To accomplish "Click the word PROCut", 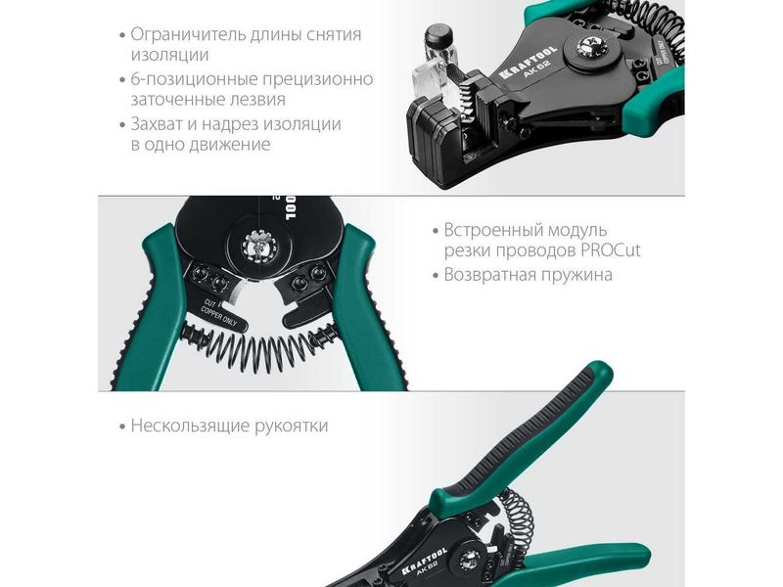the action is (610, 249).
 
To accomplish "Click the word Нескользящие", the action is (190, 426).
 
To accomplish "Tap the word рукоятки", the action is (291, 426).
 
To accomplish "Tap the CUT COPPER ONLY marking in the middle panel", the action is (218, 313).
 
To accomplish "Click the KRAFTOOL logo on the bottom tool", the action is (425, 560).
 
